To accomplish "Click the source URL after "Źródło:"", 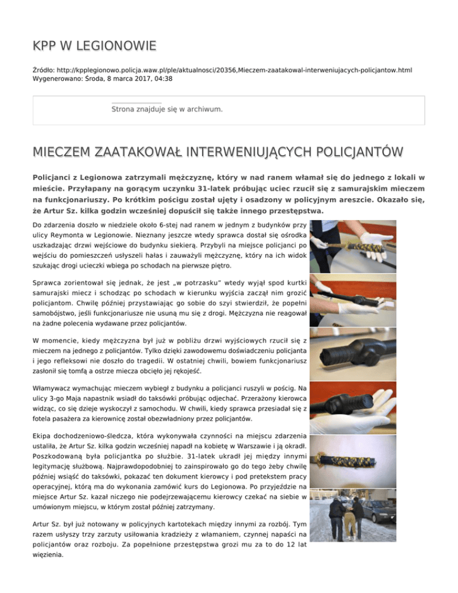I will (239, 70).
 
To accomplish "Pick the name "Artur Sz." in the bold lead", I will (63, 211).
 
